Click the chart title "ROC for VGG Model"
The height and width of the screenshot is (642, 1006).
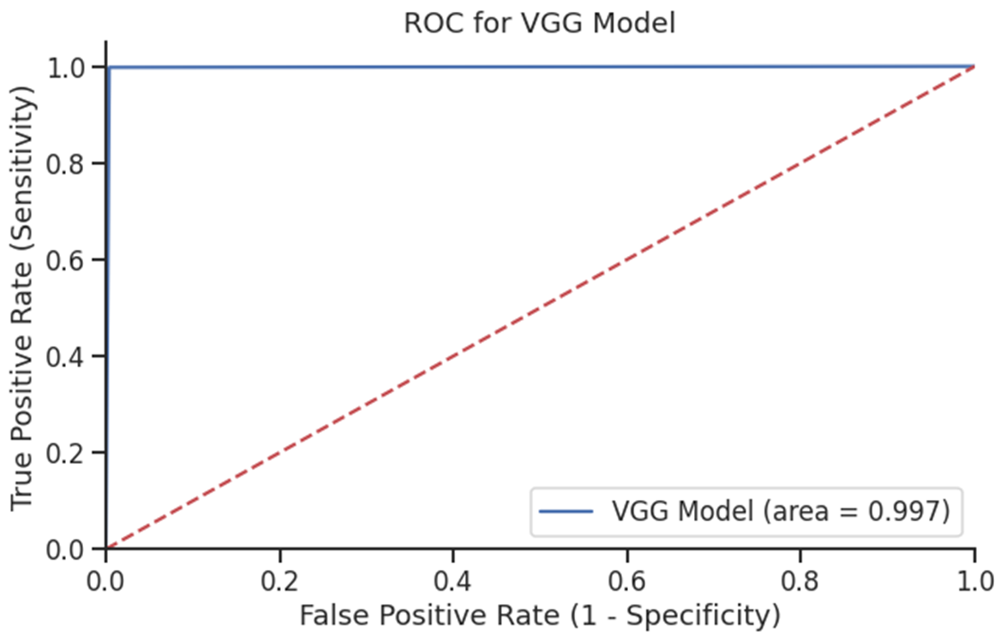[540, 23]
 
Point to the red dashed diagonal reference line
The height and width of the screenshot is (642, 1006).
[540, 307]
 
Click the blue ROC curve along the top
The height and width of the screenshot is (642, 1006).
[540, 67]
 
